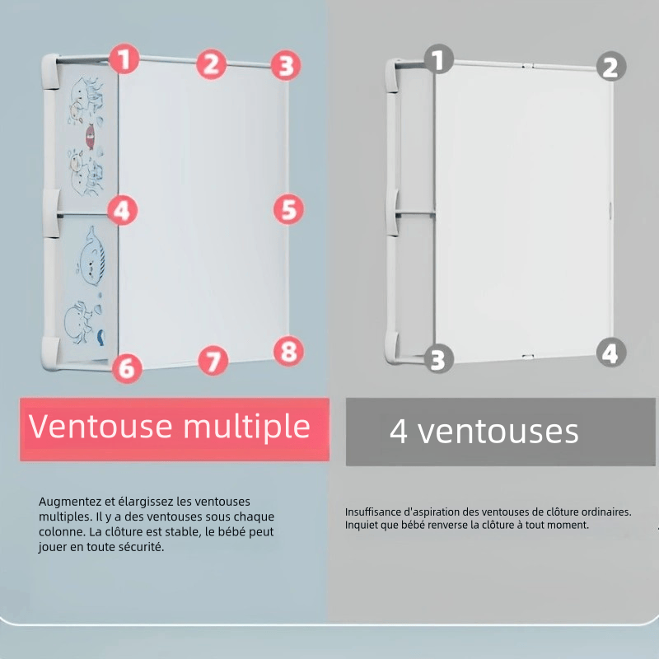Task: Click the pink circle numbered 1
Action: pos(124,58)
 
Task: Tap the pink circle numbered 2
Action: pos(212,64)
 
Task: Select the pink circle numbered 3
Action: pos(286,66)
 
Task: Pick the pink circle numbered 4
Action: pos(122,210)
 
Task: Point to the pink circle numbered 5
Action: pos(289,209)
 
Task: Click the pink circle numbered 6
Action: pos(127,368)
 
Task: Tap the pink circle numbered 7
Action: pos(213,360)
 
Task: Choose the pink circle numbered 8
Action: pos(288,351)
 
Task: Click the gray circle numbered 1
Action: pos(439,59)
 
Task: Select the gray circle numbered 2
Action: pos(611,67)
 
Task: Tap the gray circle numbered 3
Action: pos(438,359)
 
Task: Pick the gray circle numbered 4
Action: pos(611,353)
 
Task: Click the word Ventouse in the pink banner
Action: pos(100,427)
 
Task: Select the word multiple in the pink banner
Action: pos(246,428)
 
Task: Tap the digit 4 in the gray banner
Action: pos(398,431)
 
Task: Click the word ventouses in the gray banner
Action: pos(498,432)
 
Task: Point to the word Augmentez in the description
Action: pos(70,502)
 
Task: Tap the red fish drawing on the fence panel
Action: pos(90,136)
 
